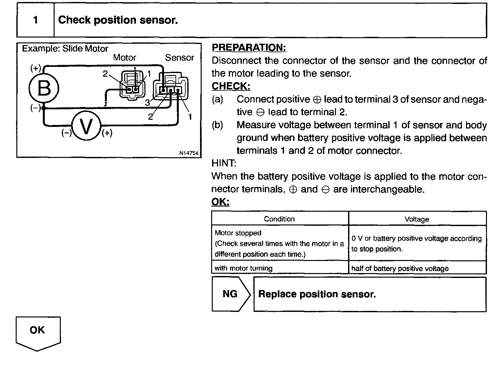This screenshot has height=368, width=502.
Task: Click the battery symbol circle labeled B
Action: [44, 88]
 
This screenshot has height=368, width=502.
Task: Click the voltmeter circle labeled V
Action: [86, 126]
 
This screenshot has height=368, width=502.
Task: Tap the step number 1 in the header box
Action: [35, 20]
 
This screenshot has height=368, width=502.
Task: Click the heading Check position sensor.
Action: [118, 20]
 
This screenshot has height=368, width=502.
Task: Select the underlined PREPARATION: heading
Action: [249, 48]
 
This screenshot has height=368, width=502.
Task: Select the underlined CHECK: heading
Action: [231, 86]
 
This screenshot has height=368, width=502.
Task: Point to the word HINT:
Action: [224, 163]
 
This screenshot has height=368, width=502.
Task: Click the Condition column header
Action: [279, 219]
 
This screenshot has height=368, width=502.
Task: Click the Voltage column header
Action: [417, 219]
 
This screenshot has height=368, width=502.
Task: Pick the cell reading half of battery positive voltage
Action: [400, 268]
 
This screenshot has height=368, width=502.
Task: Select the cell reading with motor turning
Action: [243, 268]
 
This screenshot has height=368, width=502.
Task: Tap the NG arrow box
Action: [230, 294]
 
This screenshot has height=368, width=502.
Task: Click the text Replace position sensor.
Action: [317, 294]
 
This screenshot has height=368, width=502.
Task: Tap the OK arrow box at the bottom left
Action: [37, 330]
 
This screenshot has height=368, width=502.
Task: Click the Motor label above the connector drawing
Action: [125, 58]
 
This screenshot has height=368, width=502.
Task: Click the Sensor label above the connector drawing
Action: [179, 58]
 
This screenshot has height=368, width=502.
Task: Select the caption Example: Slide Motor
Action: [65, 49]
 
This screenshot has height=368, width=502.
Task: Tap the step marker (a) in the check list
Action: [217, 99]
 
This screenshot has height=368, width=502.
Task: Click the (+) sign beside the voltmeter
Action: [107, 133]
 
